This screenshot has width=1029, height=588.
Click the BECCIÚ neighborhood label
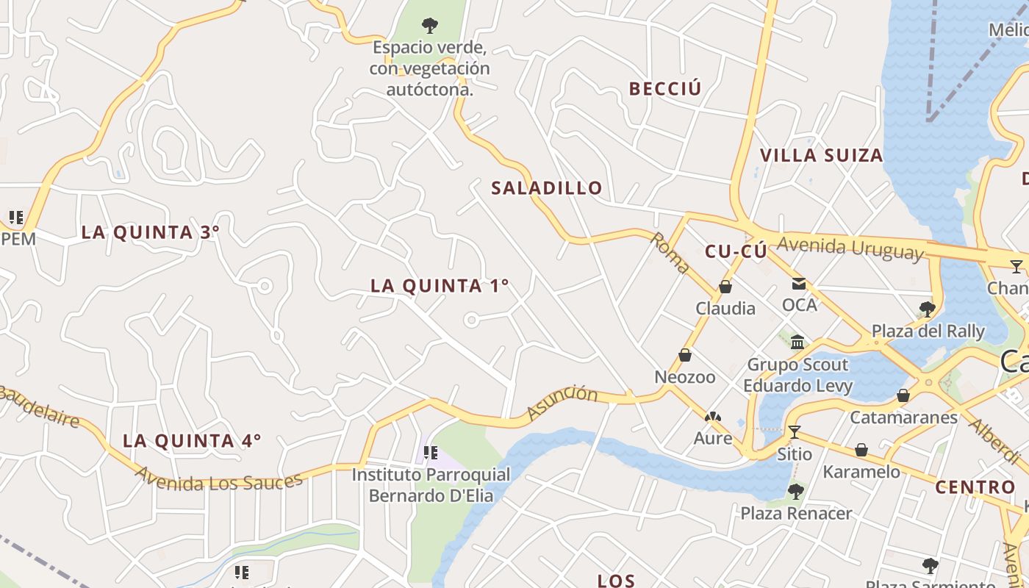(x=665, y=88)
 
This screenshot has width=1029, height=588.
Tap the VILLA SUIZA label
(x=821, y=155)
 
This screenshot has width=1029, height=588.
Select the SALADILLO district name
(x=547, y=188)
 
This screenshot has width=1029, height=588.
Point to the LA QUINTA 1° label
(x=440, y=286)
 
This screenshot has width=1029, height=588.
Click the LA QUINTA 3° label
(x=150, y=232)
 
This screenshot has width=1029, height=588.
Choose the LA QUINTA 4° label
(x=191, y=441)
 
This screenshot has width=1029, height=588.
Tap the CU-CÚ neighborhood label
(x=736, y=251)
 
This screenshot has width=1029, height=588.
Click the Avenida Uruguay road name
(x=850, y=248)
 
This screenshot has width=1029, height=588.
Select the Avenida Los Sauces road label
(x=218, y=482)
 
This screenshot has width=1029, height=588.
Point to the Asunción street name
(x=563, y=404)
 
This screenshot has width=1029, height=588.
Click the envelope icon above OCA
(x=799, y=284)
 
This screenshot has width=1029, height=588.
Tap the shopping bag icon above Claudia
(x=725, y=287)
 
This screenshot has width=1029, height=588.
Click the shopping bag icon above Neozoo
(x=685, y=356)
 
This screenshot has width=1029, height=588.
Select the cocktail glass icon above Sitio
(x=794, y=431)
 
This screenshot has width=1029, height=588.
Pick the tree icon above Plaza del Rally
(x=928, y=309)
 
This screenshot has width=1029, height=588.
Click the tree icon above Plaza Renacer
(x=795, y=491)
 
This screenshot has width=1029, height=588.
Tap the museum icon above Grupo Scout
(x=797, y=342)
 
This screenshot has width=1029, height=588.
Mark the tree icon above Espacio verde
(x=430, y=26)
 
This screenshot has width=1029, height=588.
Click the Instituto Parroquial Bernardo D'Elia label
(x=430, y=485)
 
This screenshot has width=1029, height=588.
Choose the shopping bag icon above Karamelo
(x=861, y=450)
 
